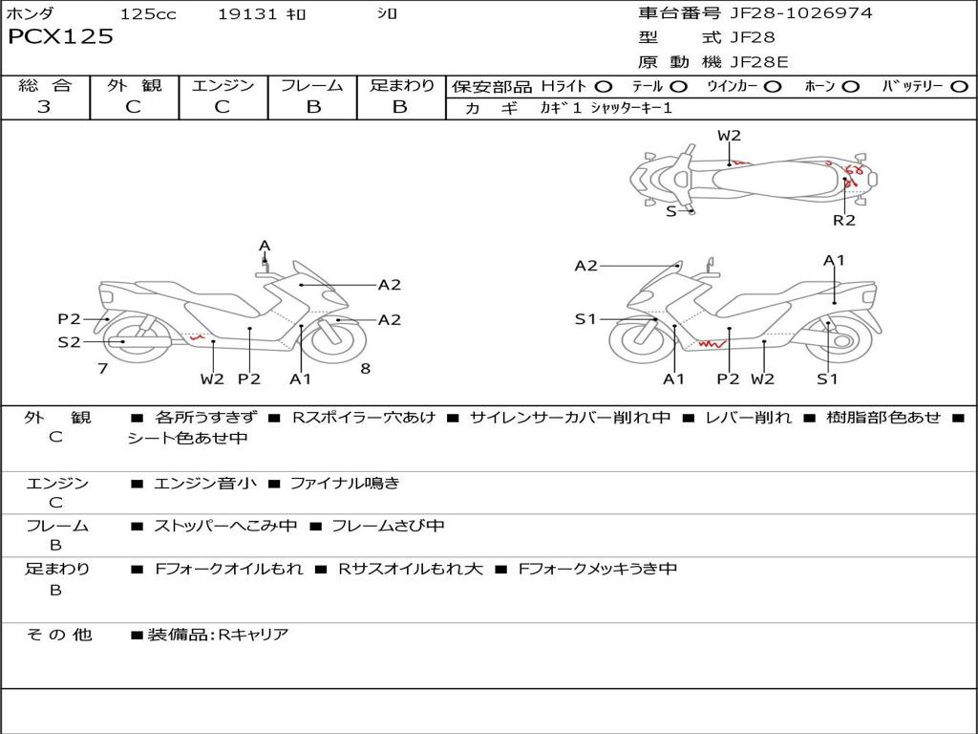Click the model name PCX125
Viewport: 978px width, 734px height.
[60, 37]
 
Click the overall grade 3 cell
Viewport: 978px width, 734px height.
[44, 107]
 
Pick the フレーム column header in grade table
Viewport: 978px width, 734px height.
[312, 86]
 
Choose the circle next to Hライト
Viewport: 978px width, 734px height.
[604, 87]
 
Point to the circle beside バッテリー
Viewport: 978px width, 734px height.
[959, 87]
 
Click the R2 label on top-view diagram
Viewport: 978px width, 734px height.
[844, 221]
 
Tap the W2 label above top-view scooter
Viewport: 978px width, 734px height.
[730, 136]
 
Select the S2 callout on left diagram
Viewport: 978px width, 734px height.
[70, 341]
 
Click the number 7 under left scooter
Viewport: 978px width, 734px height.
[102, 368]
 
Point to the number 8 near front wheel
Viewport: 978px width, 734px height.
[365, 368]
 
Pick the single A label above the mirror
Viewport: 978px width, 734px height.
[265, 247]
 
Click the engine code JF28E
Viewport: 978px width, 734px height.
[759, 62]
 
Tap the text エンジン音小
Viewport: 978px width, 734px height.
[204, 484]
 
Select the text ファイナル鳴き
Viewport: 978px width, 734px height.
[345, 484]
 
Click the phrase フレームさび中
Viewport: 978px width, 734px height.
[388, 526]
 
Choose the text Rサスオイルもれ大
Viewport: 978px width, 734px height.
[411, 569]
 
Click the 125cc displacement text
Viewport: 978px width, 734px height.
[148, 14]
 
